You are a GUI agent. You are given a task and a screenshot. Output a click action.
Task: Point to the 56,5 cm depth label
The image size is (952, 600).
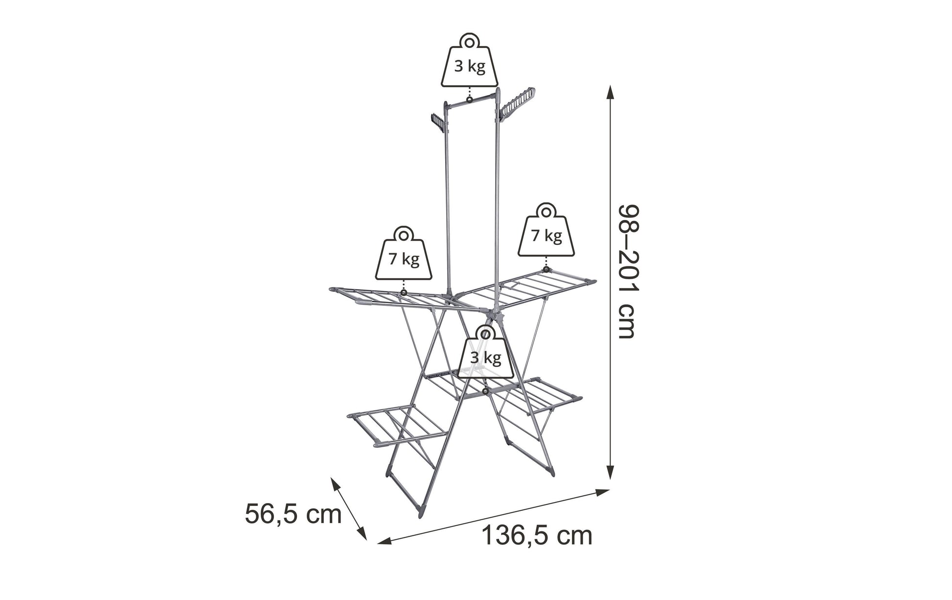pyautogui.click(x=293, y=514)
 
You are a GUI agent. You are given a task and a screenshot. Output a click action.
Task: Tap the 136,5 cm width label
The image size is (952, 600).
pyautogui.click(x=537, y=535)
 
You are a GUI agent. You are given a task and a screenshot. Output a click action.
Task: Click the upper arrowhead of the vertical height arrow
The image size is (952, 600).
pyautogui.click(x=610, y=93)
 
